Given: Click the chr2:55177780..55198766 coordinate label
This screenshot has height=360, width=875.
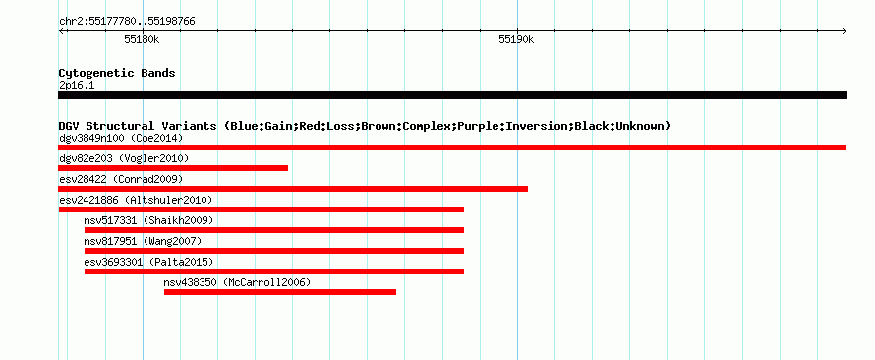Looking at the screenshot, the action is (x=127, y=22).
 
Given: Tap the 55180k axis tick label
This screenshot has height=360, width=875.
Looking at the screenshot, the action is (x=142, y=39).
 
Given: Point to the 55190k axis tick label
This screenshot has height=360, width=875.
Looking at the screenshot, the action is (x=516, y=39).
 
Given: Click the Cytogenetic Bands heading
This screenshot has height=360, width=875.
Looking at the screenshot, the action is (x=117, y=73).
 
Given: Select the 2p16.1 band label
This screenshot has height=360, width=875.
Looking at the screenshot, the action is (x=77, y=86).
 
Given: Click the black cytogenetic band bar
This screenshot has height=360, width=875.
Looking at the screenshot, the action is (x=452, y=95).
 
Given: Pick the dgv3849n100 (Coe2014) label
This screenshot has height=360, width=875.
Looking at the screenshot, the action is (x=121, y=138).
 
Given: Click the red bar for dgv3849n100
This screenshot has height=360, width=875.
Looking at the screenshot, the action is (x=452, y=148).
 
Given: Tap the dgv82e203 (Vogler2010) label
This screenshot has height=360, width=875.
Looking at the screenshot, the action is (x=124, y=159).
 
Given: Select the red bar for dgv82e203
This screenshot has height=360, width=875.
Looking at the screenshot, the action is (x=173, y=168).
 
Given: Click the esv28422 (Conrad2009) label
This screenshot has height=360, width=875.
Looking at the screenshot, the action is (x=121, y=179).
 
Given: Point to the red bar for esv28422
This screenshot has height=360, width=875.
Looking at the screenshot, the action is (x=293, y=189).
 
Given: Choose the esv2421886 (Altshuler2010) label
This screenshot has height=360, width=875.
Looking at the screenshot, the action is (x=136, y=200).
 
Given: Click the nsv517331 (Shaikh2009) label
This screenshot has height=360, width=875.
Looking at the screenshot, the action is (x=148, y=220).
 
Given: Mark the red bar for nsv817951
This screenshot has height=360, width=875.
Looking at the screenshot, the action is (x=274, y=251).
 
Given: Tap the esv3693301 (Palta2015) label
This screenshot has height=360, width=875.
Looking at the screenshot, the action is (x=148, y=262).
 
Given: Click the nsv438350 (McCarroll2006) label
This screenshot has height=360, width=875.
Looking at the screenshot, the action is (x=237, y=282).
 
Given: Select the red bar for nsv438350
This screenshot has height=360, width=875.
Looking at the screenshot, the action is (x=280, y=292).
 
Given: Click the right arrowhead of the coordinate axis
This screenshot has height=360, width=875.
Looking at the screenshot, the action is (x=846, y=30).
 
